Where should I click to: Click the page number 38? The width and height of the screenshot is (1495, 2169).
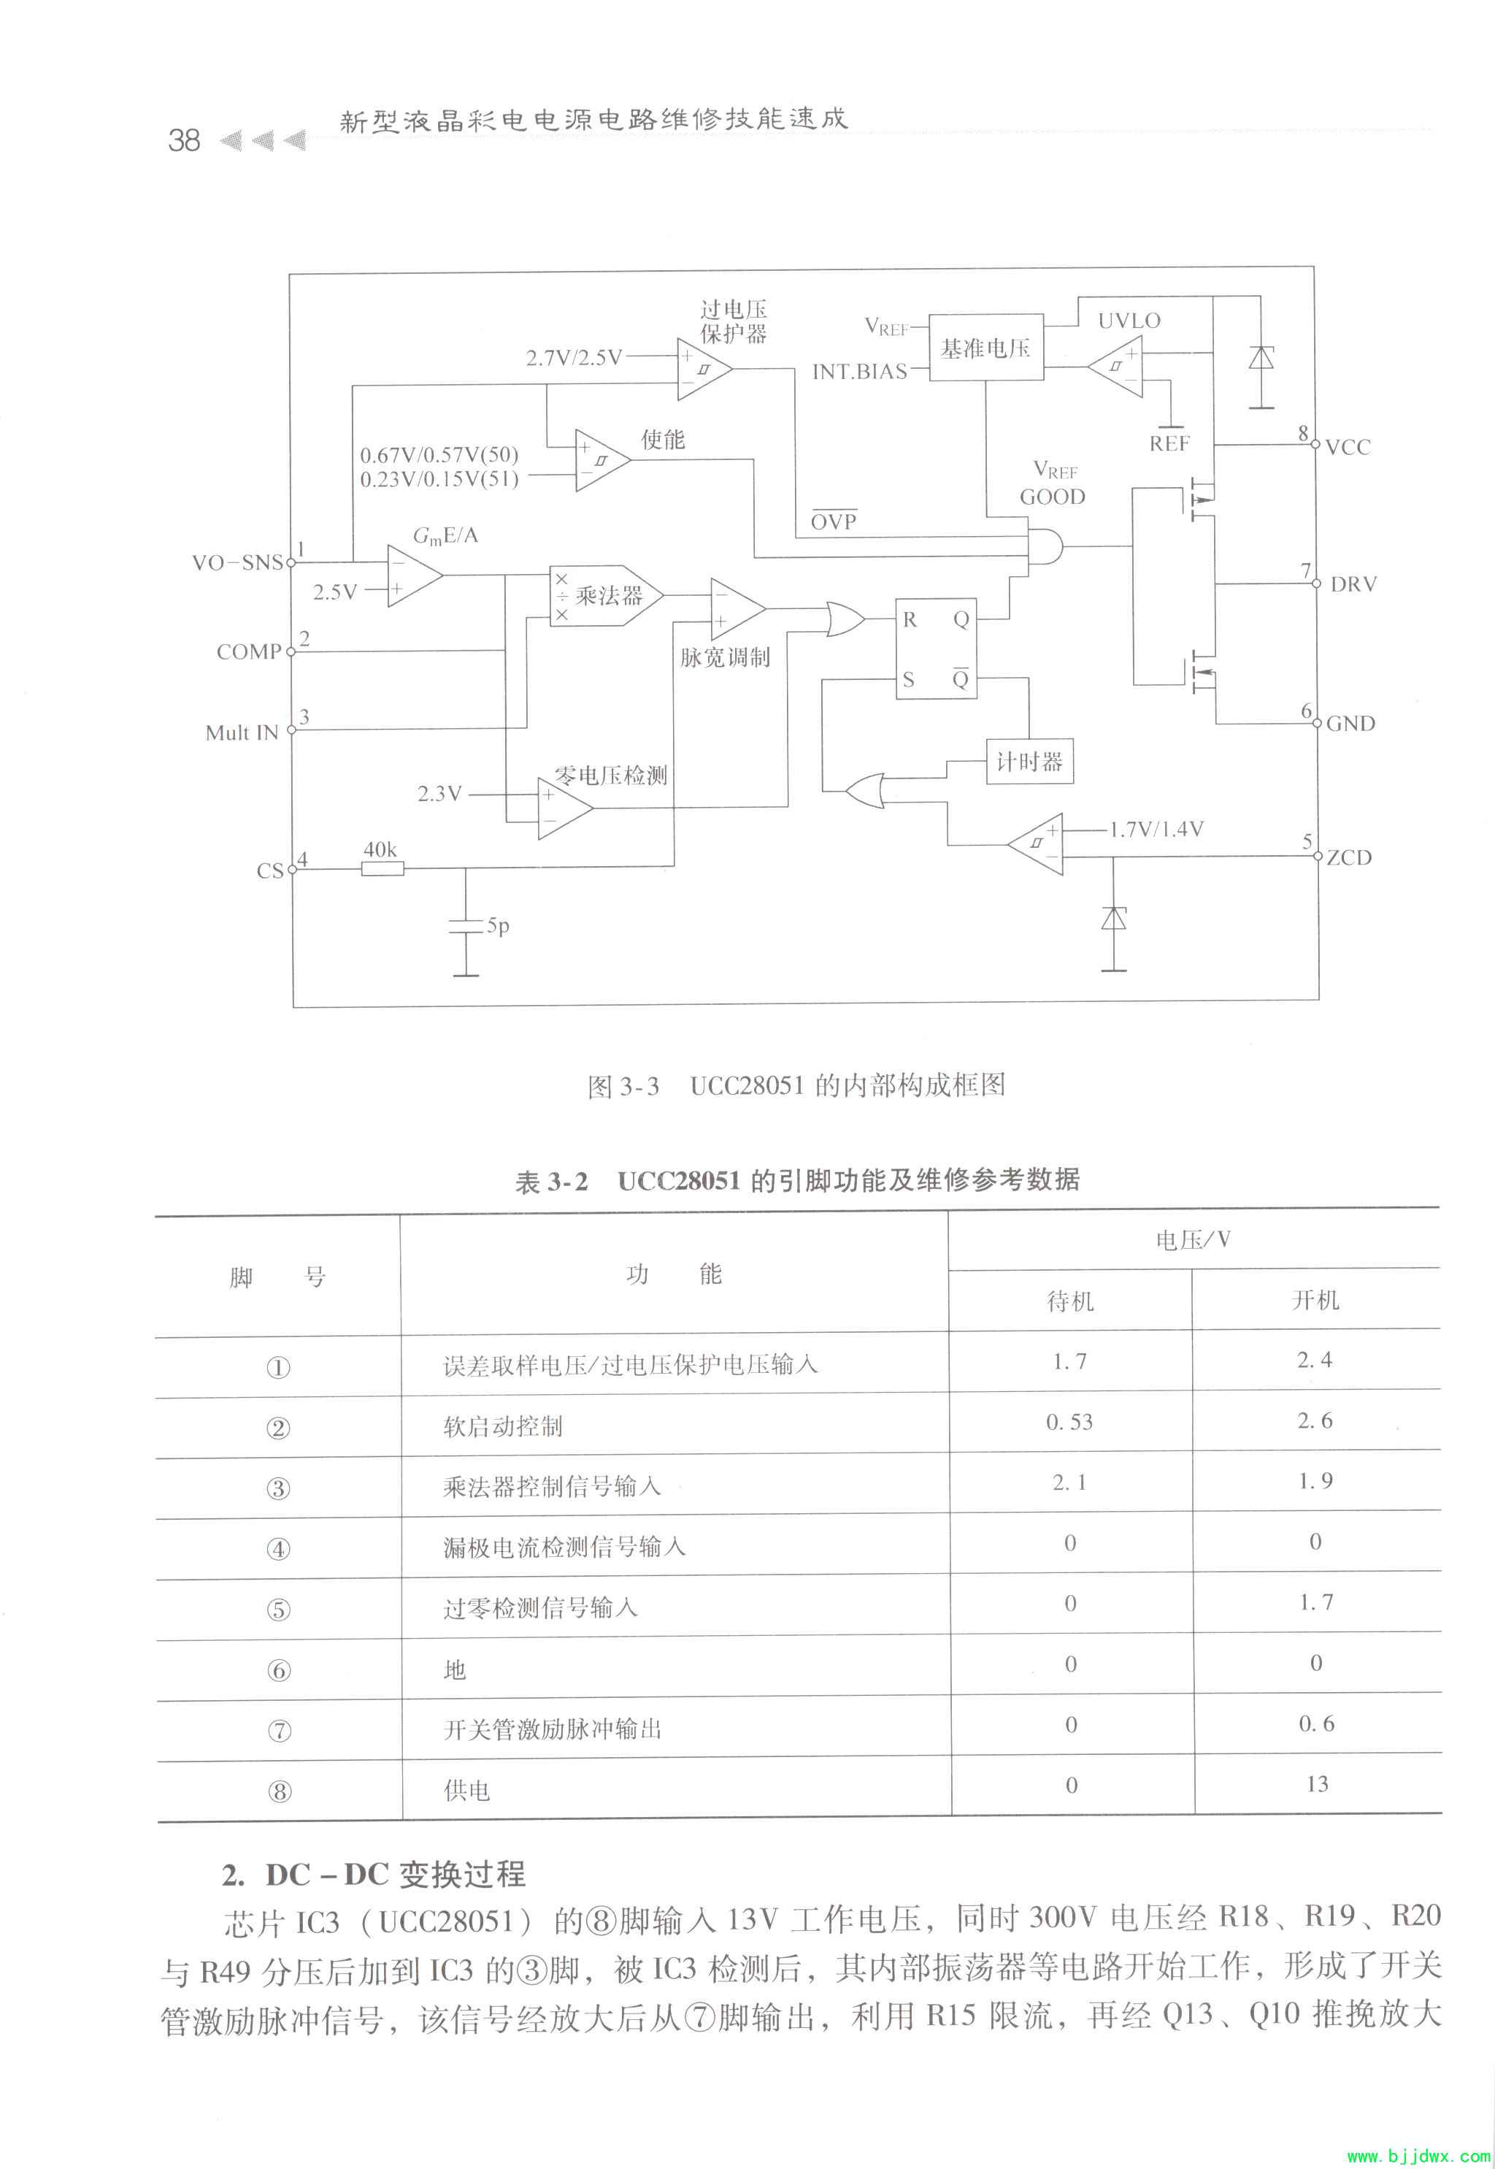[184, 140]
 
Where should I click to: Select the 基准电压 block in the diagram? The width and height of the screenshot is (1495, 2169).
[985, 348]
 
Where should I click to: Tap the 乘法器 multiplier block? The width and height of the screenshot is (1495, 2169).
[605, 595]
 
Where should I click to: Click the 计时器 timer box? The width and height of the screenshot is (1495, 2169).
[1029, 762]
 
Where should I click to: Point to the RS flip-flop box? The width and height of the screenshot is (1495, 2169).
[935, 649]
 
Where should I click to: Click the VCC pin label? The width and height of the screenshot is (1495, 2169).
[1347, 447]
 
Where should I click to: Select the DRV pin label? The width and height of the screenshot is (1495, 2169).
[1353, 585]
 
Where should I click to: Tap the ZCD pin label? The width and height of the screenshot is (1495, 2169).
[1348, 857]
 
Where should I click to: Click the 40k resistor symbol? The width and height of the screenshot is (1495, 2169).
[383, 868]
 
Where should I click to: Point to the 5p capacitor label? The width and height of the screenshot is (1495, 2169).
[497, 926]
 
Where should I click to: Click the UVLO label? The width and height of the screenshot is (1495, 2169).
[1129, 321]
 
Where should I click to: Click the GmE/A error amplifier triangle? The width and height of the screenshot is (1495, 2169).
[413, 576]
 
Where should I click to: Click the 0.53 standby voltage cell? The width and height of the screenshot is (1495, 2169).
[1069, 1421]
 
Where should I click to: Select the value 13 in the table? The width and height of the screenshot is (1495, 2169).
[1316, 1784]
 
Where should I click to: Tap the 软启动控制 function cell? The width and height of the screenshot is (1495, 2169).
[503, 1426]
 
